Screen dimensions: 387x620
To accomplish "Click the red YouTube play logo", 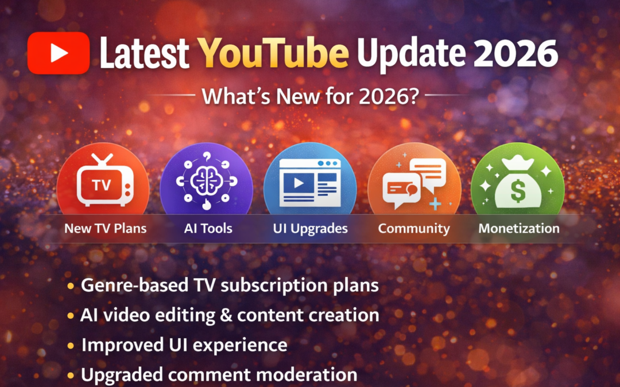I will [59, 53].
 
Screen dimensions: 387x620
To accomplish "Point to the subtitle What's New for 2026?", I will [309, 96].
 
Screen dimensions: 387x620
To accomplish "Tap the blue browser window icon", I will [310, 182].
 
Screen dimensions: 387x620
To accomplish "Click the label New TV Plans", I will [105, 228].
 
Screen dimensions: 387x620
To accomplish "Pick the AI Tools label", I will [208, 228].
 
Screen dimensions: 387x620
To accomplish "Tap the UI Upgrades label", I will [310, 228].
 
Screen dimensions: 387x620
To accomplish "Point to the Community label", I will [413, 228].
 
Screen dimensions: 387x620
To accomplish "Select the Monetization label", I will [518, 228].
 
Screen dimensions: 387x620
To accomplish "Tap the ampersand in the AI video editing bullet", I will [226, 315].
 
